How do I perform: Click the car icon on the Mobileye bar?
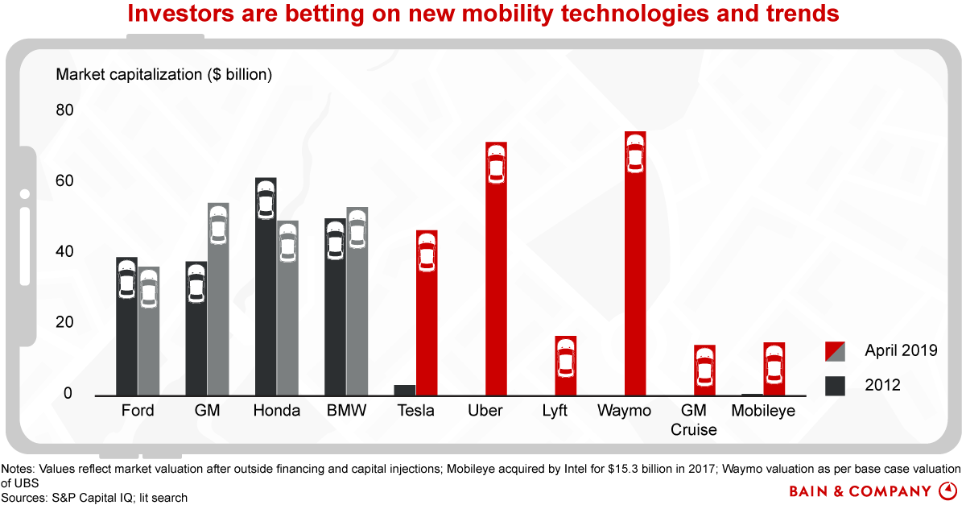pyautogui.click(x=774, y=365)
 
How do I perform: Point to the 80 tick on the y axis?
pyautogui.click(x=64, y=110)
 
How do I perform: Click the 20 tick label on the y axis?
pyautogui.click(x=64, y=323)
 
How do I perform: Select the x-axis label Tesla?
pyautogui.click(x=416, y=411)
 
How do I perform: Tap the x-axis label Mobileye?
pyautogui.click(x=763, y=411)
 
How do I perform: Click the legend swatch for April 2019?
pyautogui.click(x=835, y=351)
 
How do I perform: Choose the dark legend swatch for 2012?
pyautogui.click(x=835, y=386)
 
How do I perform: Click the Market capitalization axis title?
pyautogui.click(x=164, y=75)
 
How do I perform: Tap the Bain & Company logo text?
pyautogui.click(x=862, y=490)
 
